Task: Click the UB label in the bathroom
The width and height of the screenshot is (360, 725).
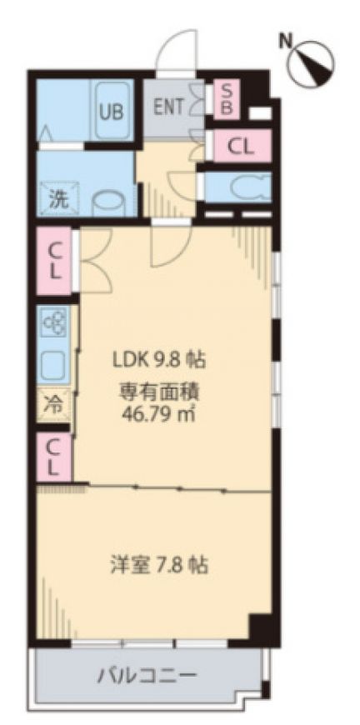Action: tap(112, 112)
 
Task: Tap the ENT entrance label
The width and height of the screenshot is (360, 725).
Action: tap(168, 107)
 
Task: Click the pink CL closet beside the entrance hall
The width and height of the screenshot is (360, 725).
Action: tap(242, 146)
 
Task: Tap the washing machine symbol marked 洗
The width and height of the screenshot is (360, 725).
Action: tap(59, 199)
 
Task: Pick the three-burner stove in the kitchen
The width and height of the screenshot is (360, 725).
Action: tap(55, 322)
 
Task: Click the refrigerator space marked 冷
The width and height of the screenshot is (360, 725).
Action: tap(54, 405)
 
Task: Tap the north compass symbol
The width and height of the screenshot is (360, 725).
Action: tap(310, 62)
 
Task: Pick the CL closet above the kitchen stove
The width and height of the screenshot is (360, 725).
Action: tap(54, 260)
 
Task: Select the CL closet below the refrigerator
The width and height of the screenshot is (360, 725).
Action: tap(54, 457)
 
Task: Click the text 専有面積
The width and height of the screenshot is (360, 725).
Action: tap(159, 392)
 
